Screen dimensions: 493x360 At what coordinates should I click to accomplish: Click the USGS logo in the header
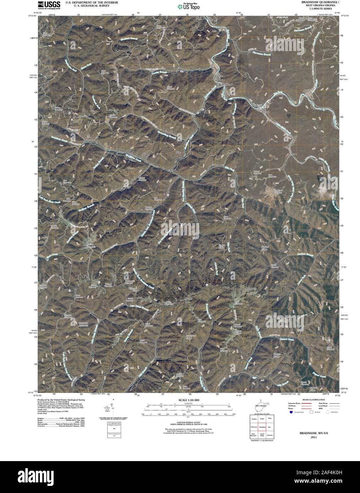click(x=49, y=5)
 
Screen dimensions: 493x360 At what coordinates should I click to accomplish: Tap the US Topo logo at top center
click(x=189, y=6)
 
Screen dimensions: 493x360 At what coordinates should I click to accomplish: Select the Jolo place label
click(x=179, y=153)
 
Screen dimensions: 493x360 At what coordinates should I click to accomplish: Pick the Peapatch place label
click(x=251, y=289)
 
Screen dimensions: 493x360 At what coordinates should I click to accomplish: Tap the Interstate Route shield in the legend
click(x=291, y=413)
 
